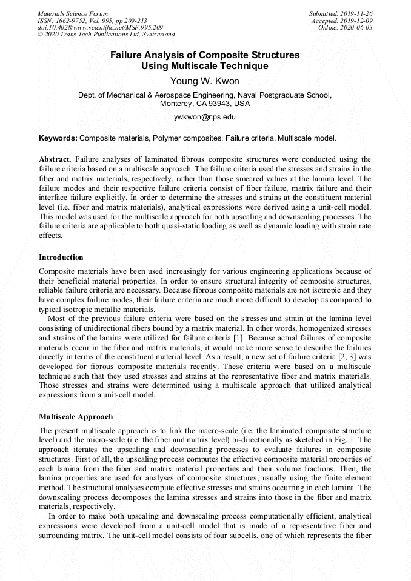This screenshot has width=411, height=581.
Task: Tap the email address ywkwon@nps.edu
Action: (x=204, y=116)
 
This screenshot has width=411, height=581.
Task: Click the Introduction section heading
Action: (x=61, y=257)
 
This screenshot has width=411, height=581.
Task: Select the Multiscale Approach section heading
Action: (x=76, y=417)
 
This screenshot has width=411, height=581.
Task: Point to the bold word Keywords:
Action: (x=58, y=138)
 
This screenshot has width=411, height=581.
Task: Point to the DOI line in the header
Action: (x=100, y=27)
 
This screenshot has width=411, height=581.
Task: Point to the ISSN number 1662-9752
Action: (x=72, y=20)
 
